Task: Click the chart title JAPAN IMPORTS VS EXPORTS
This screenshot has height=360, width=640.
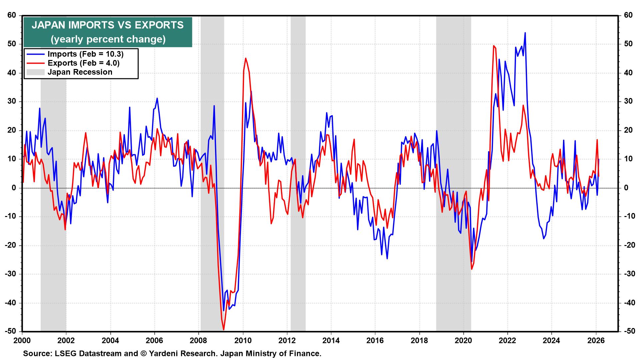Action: pyautogui.click(x=107, y=25)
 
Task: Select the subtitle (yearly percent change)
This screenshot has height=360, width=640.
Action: pyautogui.click(x=107, y=39)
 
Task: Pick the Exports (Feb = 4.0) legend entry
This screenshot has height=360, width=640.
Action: pyautogui.click(x=83, y=63)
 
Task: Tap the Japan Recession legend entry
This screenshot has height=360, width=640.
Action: pyautogui.click(x=80, y=72)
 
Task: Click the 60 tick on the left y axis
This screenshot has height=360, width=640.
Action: pyautogui.click(x=12, y=15)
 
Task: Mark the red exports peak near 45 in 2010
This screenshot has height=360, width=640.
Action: pyautogui.click(x=246, y=59)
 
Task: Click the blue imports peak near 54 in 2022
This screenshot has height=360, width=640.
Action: pyautogui.click(x=525, y=33)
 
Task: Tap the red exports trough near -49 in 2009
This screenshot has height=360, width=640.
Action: pyautogui.click(x=224, y=329)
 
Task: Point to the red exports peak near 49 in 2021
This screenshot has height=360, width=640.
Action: pyautogui.click(x=493, y=46)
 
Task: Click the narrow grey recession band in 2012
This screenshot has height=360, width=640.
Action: pyautogui.click(x=298, y=200)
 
